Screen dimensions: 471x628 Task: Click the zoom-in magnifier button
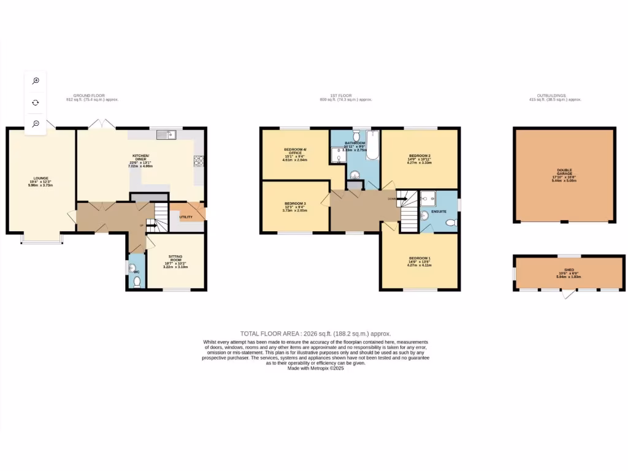click(x=36, y=81)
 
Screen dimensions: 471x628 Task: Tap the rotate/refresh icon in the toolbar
click(x=36, y=102)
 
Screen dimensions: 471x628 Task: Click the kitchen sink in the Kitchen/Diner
click(x=166, y=135)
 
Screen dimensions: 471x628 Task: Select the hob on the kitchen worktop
click(x=199, y=161)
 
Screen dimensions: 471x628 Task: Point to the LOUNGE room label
click(x=41, y=178)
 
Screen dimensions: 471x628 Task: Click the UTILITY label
click(x=186, y=217)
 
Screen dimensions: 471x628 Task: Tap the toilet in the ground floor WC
click(x=137, y=281)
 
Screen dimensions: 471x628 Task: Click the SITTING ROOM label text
click(x=167, y=259)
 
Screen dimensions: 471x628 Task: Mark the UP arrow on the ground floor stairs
click(x=148, y=226)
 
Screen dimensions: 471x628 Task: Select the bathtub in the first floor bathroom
click(x=373, y=146)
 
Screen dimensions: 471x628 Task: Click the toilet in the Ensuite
click(x=451, y=223)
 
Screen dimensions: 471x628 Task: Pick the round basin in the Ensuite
click(x=425, y=215)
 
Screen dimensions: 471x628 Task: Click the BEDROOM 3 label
click(x=295, y=203)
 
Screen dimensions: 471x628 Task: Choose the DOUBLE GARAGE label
click(x=564, y=172)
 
